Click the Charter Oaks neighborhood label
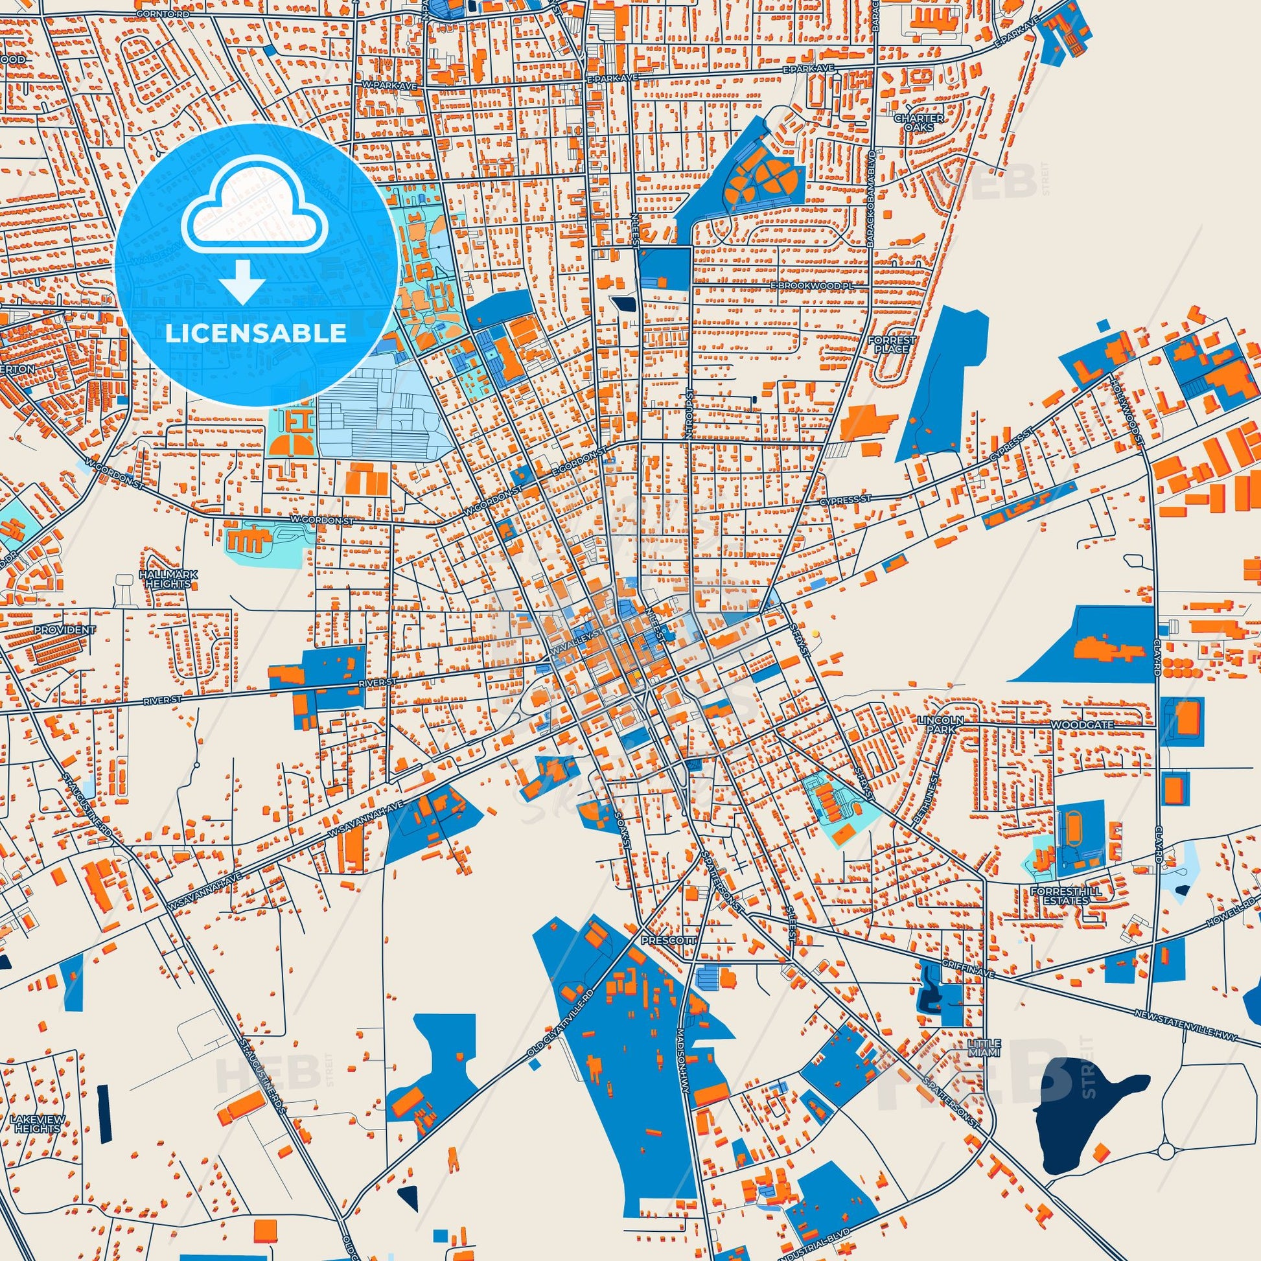pyautogui.click(x=918, y=122)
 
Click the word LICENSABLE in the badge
pyautogui.click(x=255, y=333)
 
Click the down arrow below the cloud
pyautogui.click(x=242, y=282)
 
